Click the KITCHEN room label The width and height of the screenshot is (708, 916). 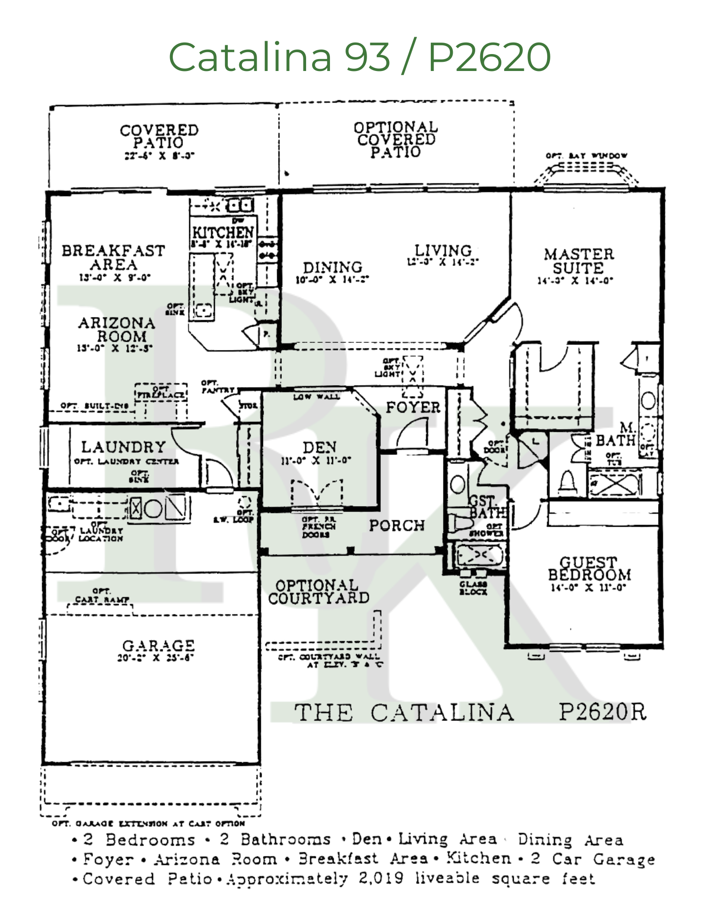(x=223, y=232)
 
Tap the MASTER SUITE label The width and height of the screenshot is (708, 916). (x=578, y=261)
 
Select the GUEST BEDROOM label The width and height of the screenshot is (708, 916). (x=589, y=568)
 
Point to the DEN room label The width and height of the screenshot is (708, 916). (x=319, y=447)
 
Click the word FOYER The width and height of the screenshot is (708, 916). (x=413, y=407)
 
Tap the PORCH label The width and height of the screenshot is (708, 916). (x=397, y=525)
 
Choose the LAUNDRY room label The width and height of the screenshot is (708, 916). (x=123, y=447)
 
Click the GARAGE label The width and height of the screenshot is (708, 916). (x=158, y=645)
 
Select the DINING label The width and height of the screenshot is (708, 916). (x=332, y=267)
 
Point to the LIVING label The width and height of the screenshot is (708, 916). (x=443, y=251)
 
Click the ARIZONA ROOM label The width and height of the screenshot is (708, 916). (x=117, y=329)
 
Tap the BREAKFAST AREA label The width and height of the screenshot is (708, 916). (x=113, y=257)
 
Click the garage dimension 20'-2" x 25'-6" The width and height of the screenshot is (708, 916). (x=156, y=658)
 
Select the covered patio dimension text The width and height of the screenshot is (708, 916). (x=159, y=156)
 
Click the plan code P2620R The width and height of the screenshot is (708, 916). (x=602, y=712)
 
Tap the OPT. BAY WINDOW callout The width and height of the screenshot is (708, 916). (x=586, y=156)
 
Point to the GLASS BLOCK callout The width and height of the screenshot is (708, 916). (x=473, y=588)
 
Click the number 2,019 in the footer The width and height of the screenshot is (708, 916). (x=381, y=878)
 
